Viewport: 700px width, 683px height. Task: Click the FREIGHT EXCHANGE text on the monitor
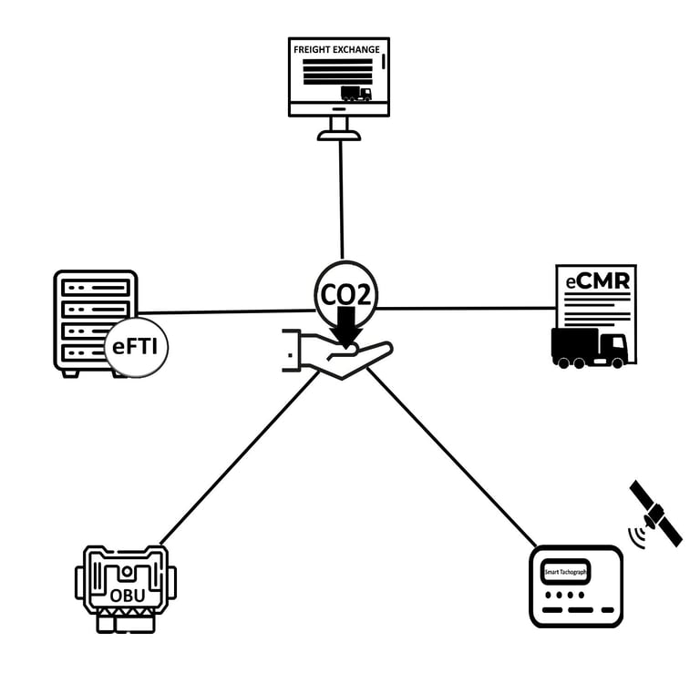(x=336, y=48)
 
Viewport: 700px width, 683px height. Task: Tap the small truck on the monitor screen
(x=355, y=93)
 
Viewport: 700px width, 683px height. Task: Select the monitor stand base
(x=338, y=135)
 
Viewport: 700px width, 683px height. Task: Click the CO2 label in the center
(x=345, y=292)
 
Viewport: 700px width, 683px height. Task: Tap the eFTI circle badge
(x=138, y=347)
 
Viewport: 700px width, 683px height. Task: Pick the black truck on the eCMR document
(x=589, y=347)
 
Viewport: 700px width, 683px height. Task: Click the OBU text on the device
(x=127, y=596)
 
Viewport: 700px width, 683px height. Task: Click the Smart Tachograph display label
(x=566, y=572)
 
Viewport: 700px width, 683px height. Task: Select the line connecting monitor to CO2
(x=341, y=200)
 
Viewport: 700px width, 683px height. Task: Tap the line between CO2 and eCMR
(x=465, y=308)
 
